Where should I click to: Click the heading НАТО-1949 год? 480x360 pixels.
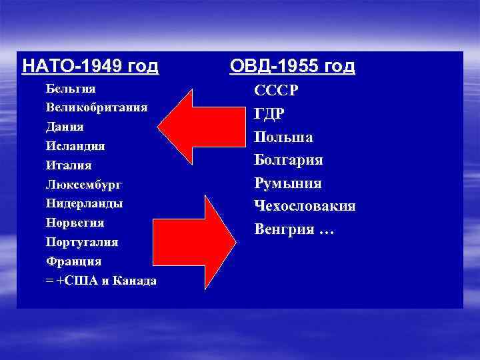click(90, 67)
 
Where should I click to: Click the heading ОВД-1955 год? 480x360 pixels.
click(292, 67)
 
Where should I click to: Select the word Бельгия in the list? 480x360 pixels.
click(71, 88)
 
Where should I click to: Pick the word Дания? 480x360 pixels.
click(65, 126)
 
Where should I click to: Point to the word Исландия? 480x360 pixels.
click(75, 145)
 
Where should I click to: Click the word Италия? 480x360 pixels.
click(69, 165)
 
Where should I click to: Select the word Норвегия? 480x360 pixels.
click(75, 222)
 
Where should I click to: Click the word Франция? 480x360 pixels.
click(73, 261)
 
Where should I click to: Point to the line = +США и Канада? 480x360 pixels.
click(101, 280)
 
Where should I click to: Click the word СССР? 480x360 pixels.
click(276, 91)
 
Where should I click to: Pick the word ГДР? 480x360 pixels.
click(269, 114)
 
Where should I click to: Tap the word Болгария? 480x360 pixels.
click(289, 160)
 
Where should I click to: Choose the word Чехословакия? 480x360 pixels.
click(305, 206)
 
